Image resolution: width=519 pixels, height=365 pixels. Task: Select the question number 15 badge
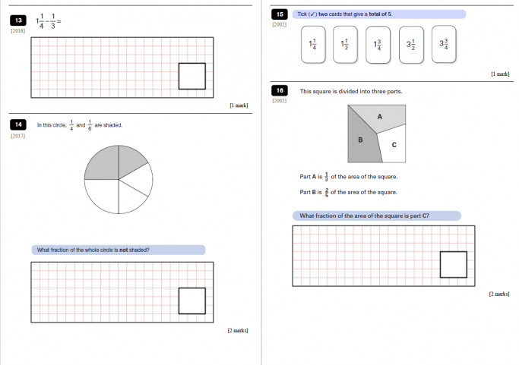280,14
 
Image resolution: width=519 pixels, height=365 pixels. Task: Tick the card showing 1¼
312,43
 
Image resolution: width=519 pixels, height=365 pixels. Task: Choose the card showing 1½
345,43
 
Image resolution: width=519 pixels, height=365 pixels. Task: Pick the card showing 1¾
378,43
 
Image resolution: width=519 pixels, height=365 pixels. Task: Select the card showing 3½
410,43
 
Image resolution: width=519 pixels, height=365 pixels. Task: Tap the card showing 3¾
444,43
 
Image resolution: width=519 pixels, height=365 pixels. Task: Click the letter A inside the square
379,116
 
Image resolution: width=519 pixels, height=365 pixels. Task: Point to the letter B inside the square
360,140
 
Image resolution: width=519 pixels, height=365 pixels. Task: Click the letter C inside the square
393,145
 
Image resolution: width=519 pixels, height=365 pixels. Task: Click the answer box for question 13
191,76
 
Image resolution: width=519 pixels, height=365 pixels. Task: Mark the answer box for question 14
191,300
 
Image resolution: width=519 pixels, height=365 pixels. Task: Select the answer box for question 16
454,264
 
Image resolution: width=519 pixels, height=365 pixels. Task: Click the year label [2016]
17,31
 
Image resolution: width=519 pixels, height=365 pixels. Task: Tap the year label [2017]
17,136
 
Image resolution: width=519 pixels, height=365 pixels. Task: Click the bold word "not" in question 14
123,250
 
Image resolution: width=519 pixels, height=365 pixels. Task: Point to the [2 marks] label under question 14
237,330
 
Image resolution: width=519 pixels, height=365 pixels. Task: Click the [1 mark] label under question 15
500,74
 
